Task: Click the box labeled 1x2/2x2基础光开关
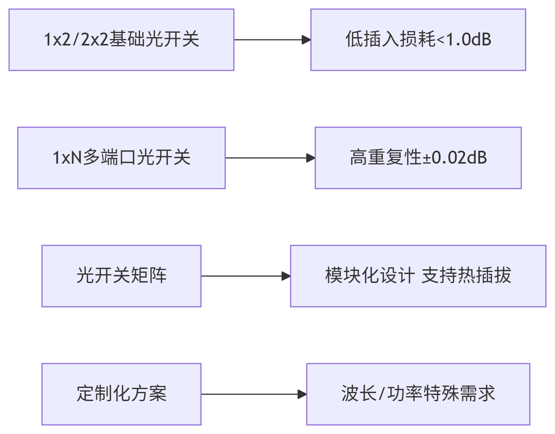click(121, 40)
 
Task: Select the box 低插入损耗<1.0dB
click(418, 40)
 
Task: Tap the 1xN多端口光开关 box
click(121, 158)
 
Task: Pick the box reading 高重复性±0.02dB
click(418, 158)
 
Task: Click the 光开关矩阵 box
click(121, 276)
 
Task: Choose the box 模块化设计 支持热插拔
click(418, 276)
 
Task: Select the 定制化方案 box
click(121, 394)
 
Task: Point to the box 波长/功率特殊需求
click(418, 394)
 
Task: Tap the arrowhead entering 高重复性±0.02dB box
click(310, 158)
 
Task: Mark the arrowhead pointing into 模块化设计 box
click(286, 276)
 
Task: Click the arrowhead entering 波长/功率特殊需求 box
click(302, 394)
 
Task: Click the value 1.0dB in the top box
click(469, 40)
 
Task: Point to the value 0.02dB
click(459, 158)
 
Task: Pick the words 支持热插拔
click(466, 276)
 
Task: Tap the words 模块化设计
click(370, 276)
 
